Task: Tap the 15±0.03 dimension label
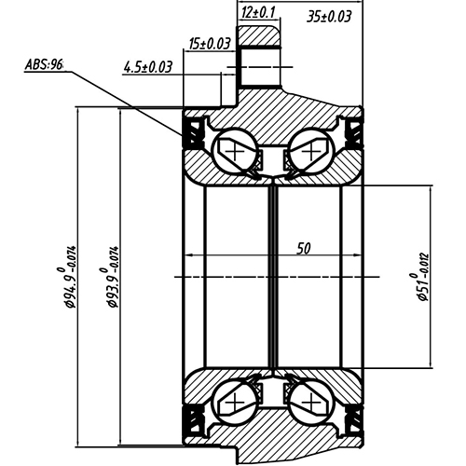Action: click(x=210, y=44)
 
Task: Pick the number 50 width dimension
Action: click(x=303, y=249)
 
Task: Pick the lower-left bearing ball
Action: click(x=232, y=403)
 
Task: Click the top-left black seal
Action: click(x=196, y=133)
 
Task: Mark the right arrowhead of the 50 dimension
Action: click(x=358, y=256)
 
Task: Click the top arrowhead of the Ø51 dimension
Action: click(x=432, y=186)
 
